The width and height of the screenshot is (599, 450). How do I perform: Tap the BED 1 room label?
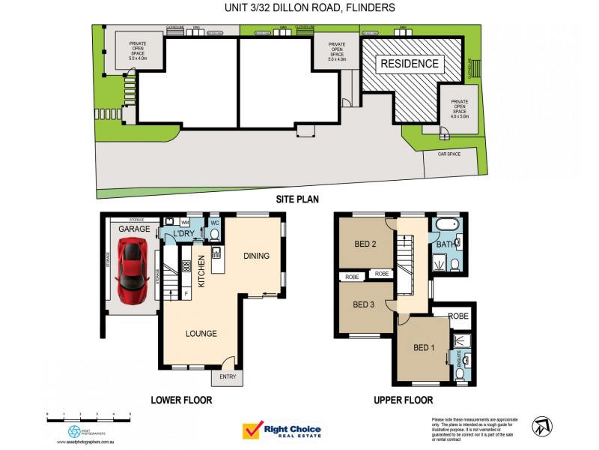point(424,347)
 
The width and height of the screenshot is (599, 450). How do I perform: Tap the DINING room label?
point(256,256)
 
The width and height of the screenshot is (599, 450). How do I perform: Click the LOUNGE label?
point(202,333)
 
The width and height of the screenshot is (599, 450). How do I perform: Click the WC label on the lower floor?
point(214,223)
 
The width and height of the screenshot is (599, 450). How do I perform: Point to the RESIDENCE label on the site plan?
point(410,64)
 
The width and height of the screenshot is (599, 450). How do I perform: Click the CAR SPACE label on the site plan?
point(449,154)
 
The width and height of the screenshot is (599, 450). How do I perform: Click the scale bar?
point(88,415)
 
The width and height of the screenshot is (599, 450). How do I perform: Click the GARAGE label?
point(132,229)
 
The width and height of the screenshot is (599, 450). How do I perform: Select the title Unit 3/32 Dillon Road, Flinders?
point(299,7)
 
